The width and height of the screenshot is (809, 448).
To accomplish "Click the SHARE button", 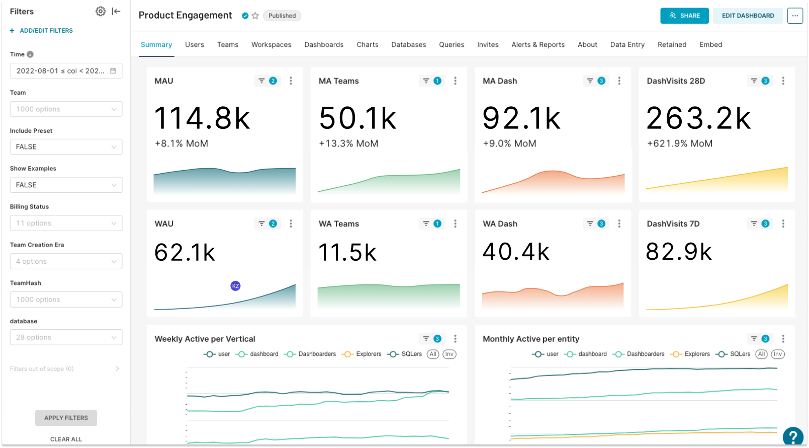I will click(x=684, y=16).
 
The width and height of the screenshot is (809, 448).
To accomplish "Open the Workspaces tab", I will click(x=271, y=45).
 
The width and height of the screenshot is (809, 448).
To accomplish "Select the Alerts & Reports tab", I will click(x=537, y=45).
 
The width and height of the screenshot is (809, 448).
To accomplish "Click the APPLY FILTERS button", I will click(x=66, y=418).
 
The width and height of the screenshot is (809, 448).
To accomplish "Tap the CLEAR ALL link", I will click(x=66, y=439).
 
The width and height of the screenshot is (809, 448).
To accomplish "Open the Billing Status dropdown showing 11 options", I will click(x=66, y=223).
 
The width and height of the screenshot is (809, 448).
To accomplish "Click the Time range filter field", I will click(x=66, y=71).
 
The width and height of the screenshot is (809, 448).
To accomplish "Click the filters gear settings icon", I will click(x=101, y=12).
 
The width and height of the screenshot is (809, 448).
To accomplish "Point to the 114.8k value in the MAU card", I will click(x=202, y=119).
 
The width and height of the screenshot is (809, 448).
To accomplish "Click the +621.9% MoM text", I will click(x=679, y=143).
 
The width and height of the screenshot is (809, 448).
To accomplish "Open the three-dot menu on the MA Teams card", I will click(x=455, y=81).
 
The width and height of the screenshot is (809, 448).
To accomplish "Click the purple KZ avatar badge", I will click(x=235, y=286).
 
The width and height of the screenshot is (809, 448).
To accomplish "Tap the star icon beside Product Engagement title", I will click(x=255, y=16).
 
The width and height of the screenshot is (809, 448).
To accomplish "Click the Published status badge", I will click(x=282, y=16).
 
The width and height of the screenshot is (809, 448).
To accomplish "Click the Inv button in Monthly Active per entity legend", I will click(x=777, y=354).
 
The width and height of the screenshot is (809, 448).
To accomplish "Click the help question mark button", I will click(x=793, y=436).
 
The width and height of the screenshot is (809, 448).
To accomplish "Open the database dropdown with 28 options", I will click(x=66, y=337).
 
